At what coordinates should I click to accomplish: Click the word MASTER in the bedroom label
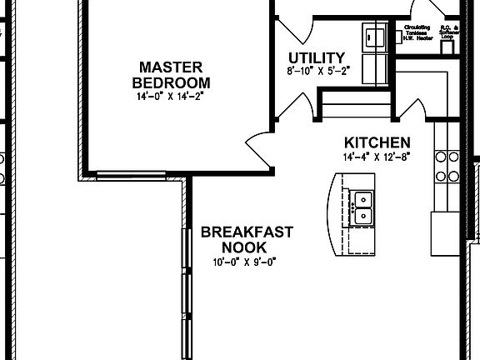[x=171, y=67]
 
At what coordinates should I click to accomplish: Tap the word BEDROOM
[x=171, y=82]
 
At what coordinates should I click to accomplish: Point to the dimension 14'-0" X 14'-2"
[x=171, y=97]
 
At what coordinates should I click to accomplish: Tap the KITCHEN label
[x=377, y=142]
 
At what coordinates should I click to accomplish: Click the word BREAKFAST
[x=247, y=232]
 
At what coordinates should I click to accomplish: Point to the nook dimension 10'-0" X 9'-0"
[x=243, y=262]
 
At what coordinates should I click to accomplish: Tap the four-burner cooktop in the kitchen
[x=447, y=164]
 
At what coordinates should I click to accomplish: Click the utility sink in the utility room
[x=372, y=37]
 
